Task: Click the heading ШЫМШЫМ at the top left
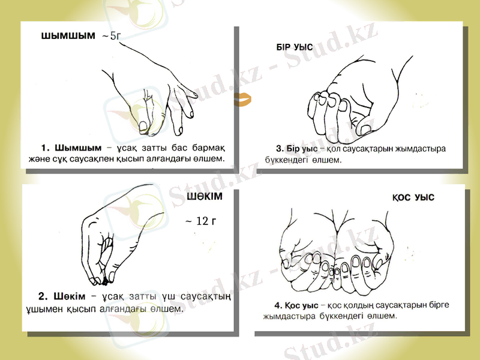point(68,36)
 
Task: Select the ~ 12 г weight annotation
point(200,221)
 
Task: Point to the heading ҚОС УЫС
point(413,197)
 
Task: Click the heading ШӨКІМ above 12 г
point(205,197)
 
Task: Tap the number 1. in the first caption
point(45,148)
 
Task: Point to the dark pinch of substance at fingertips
point(110,278)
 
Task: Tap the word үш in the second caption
point(170,296)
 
